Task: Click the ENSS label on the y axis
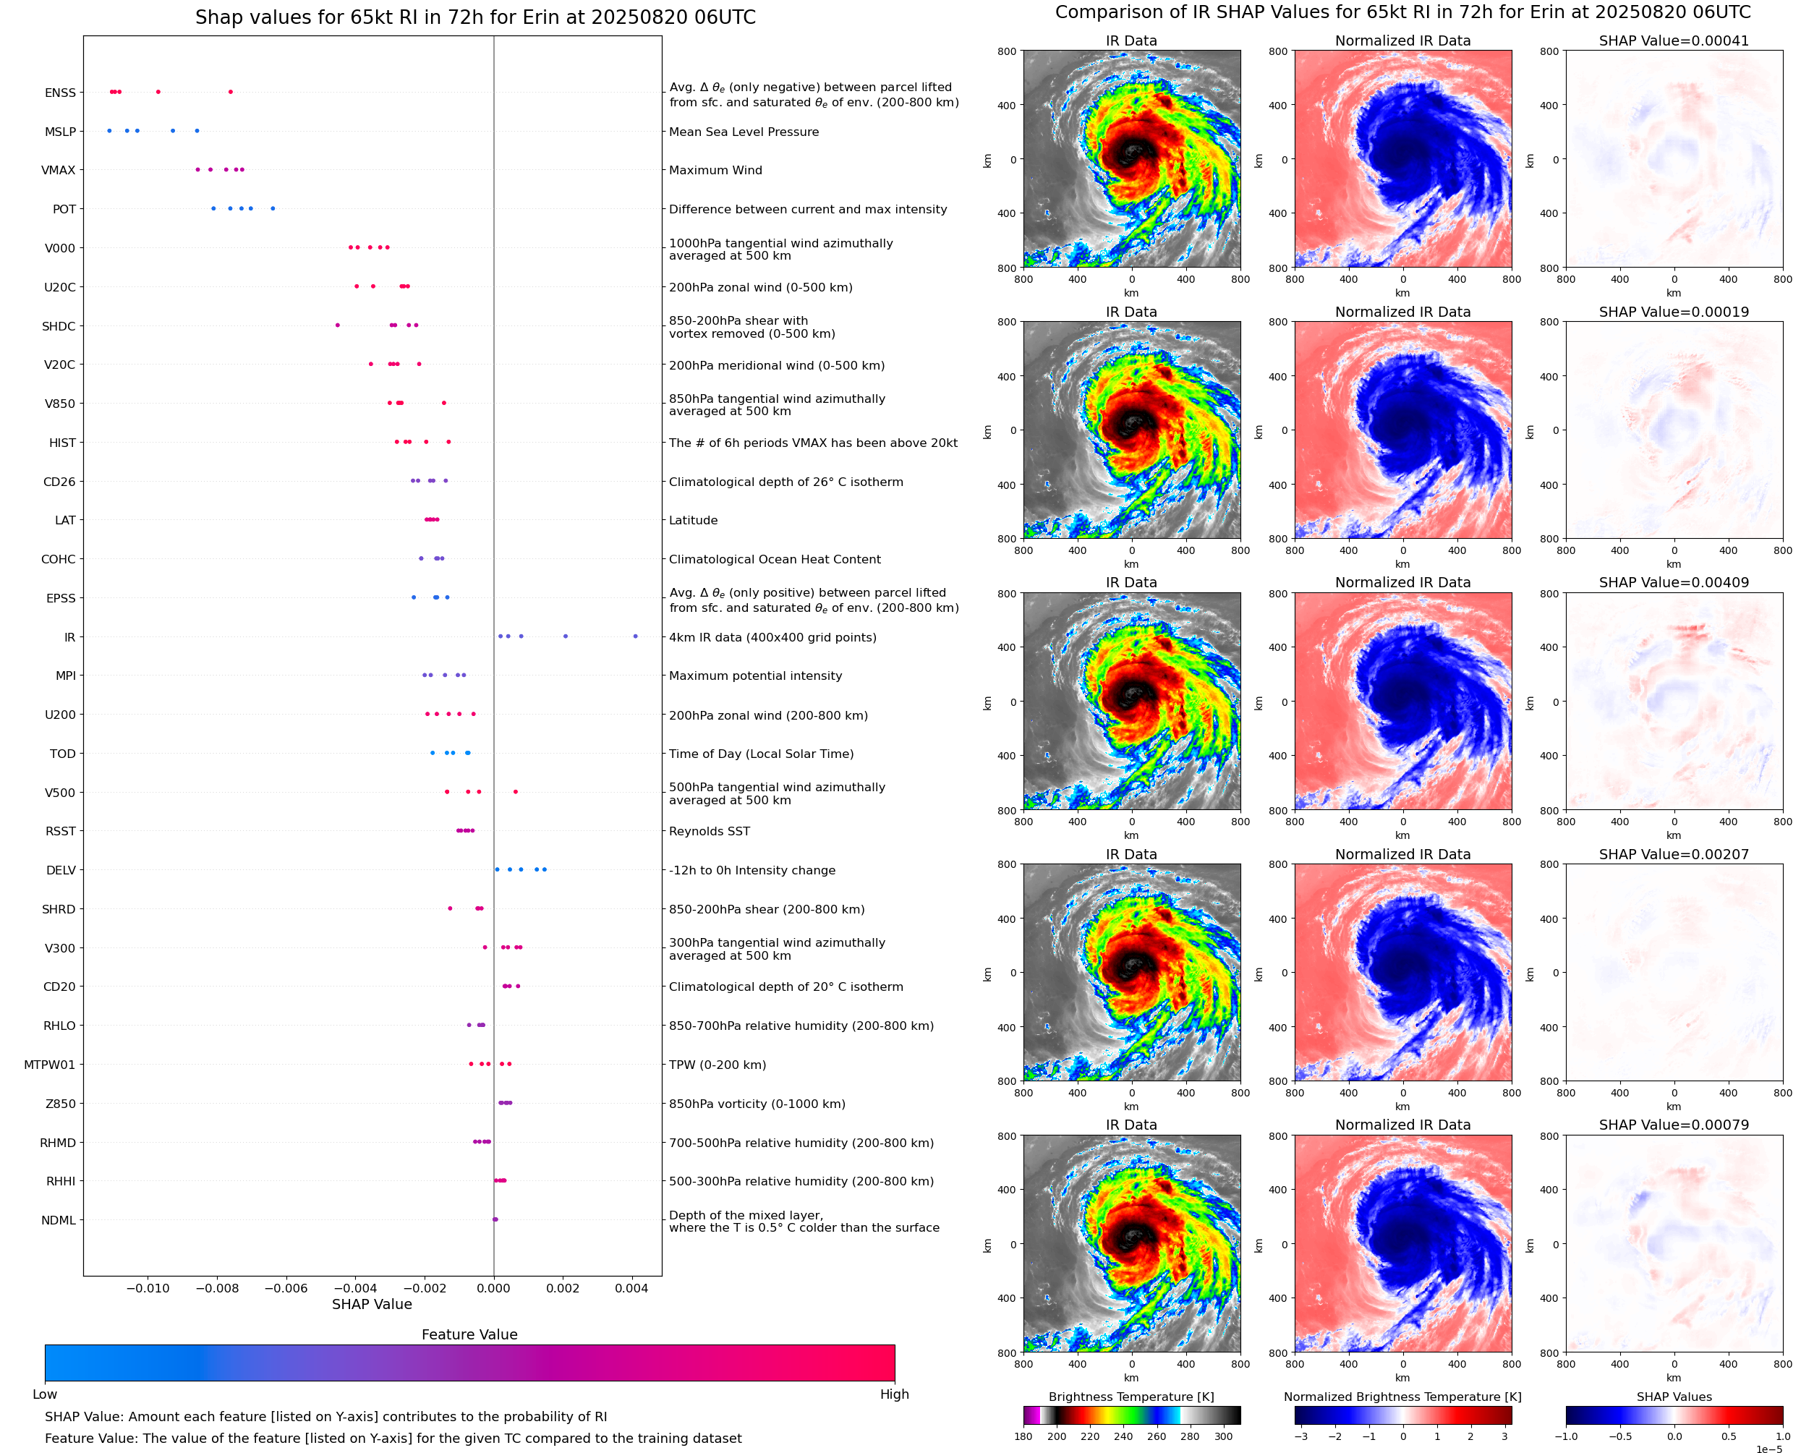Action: click(60, 93)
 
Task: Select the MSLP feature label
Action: click(60, 132)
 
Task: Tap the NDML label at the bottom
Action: click(59, 1220)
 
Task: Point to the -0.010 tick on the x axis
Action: click(148, 1288)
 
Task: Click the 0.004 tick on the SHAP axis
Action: click(632, 1288)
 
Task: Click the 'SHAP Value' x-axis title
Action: click(372, 1304)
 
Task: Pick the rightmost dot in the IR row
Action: click(635, 636)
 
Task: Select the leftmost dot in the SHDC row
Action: click(337, 325)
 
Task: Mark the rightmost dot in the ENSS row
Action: click(230, 92)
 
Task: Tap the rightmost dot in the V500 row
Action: click(516, 792)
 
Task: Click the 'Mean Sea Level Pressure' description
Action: click(743, 132)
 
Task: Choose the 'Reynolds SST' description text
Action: click(709, 831)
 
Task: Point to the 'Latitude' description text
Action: click(693, 521)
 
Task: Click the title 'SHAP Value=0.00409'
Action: click(1674, 582)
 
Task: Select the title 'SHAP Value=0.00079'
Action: click(1674, 1125)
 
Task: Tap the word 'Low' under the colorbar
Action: click(44, 1394)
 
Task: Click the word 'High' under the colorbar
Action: click(894, 1394)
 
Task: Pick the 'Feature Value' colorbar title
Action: click(469, 1335)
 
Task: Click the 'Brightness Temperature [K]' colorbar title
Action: click(1131, 1397)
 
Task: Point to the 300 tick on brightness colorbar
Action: click(1224, 1436)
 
